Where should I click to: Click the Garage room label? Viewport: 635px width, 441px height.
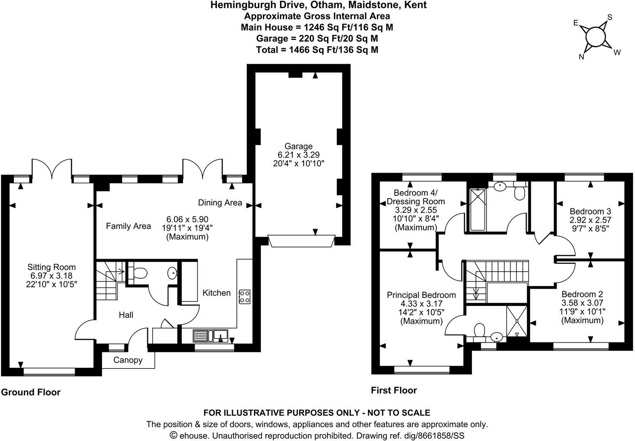click(x=298, y=146)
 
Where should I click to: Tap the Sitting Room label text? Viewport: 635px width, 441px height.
click(x=51, y=267)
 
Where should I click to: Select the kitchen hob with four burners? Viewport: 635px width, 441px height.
click(x=244, y=296)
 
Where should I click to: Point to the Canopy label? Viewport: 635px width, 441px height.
click(x=128, y=360)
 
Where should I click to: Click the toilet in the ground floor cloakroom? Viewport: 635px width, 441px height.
click(x=139, y=273)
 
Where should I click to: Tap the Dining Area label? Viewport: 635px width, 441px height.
click(x=220, y=203)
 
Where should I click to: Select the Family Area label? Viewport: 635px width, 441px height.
click(x=128, y=226)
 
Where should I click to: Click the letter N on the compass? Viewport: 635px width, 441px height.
click(x=582, y=57)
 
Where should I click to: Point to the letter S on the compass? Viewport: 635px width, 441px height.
click(x=609, y=18)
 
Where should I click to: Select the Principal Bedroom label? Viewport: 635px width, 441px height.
click(x=421, y=295)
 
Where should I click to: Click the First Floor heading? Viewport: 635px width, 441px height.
click(x=393, y=390)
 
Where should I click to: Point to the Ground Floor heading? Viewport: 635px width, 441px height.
click(x=30, y=392)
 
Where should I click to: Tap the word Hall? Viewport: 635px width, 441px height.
click(x=126, y=315)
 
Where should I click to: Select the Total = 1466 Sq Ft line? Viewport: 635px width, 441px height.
click(x=317, y=49)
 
